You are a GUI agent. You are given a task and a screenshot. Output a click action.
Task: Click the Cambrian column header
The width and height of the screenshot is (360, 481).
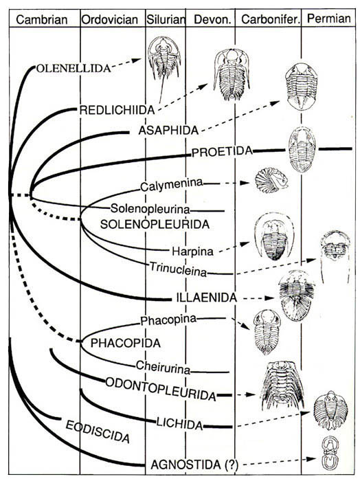click(42, 20)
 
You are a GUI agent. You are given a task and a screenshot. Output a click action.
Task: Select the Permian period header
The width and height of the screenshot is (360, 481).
click(329, 19)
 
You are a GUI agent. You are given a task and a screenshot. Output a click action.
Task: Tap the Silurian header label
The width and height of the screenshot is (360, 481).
click(166, 20)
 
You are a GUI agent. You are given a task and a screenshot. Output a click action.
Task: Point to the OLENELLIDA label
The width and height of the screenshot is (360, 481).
click(74, 68)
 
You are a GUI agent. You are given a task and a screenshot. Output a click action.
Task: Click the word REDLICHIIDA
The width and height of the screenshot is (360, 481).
click(117, 110)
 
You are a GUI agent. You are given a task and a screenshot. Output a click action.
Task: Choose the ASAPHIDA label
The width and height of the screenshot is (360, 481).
click(168, 131)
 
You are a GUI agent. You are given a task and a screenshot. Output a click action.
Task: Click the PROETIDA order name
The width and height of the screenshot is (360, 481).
click(222, 152)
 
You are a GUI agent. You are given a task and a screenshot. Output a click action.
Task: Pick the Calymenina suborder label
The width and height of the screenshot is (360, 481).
click(172, 185)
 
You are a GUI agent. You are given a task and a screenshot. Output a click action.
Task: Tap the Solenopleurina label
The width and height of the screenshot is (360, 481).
click(150, 209)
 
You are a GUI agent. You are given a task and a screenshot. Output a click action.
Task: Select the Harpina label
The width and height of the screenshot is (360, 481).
click(192, 251)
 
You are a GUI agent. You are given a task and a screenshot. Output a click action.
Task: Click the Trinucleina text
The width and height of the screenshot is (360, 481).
click(178, 269)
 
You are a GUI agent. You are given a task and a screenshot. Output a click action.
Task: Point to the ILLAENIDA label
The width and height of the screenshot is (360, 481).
click(207, 298)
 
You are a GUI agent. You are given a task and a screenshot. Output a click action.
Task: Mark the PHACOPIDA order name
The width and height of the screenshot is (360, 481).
click(126, 343)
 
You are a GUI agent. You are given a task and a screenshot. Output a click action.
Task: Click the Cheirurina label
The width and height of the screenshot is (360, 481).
click(163, 367)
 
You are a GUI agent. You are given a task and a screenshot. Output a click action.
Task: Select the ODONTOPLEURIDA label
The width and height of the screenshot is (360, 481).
click(161, 389)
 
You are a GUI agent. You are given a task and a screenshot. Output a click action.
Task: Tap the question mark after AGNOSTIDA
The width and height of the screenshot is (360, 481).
click(232, 465)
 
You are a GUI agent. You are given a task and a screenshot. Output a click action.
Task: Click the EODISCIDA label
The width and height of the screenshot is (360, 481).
click(98, 432)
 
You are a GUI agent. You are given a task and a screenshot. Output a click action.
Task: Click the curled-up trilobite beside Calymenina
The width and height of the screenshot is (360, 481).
click(271, 181)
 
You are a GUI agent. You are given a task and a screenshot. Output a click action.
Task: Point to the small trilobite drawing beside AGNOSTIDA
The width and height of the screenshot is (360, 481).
click(328, 452)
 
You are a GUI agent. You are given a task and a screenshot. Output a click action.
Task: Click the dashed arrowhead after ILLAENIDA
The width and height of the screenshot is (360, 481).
click(270, 298)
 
